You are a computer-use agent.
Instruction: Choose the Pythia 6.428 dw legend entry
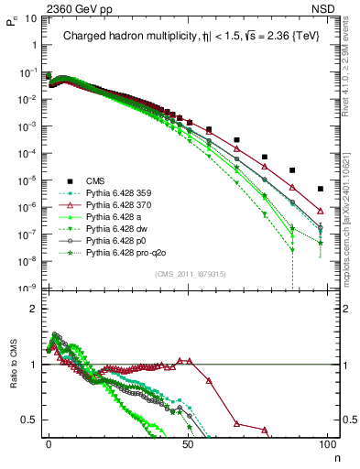coord(122,227)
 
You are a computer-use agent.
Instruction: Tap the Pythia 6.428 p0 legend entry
coord(121,238)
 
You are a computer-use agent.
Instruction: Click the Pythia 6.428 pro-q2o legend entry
coord(129,250)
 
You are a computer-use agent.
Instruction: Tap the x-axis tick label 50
coord(188,442)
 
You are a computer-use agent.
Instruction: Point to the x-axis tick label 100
coord(327,442)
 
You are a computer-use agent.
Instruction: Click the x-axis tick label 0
coord(49,442)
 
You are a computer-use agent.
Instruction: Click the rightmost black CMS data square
coord(320,189)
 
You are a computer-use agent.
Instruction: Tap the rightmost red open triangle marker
coord(320,211)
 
